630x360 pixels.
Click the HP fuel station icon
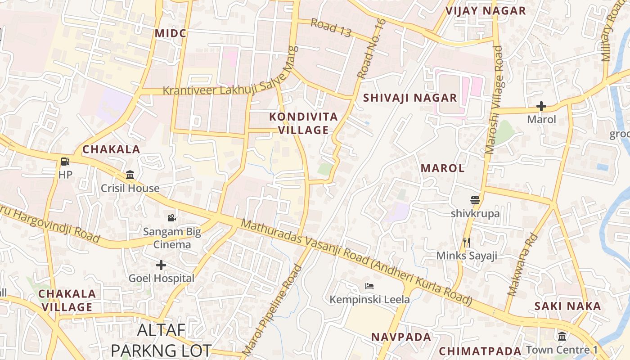(65, 162)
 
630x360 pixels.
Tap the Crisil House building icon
(130, 175)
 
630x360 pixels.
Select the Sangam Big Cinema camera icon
(171, 218)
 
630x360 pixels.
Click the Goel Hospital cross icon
(161, 265)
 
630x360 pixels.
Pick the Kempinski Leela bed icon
(369, 286)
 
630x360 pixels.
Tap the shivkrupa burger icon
(475, 200)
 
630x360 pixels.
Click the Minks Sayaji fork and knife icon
(467, 243)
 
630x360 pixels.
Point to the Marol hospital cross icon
(541, 107)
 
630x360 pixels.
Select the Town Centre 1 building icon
(562, 336)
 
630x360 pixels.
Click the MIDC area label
(170, 33)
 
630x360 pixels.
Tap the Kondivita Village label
(303, 123)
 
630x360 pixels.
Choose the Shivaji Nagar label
(410, 98)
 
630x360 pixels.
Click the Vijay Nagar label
(486, 11)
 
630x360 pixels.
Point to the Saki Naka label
(567, 306)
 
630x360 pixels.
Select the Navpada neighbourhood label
(401, 337)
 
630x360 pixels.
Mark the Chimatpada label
(480, 351)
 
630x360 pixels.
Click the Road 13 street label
(331, 28)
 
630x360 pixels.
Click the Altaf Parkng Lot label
(161, 340)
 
